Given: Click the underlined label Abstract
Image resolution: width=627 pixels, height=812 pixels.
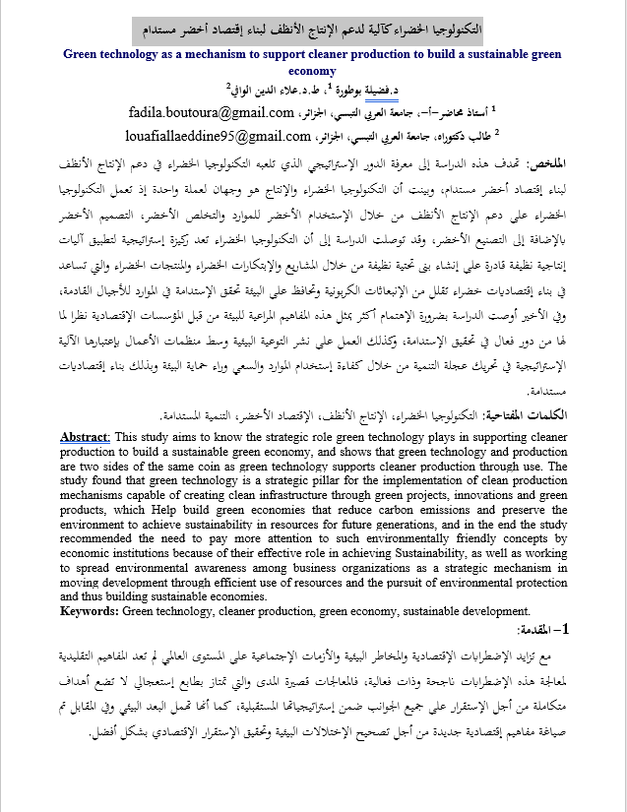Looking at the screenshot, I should [86, 437].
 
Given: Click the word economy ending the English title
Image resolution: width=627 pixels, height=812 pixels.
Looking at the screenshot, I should [313, 71].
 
